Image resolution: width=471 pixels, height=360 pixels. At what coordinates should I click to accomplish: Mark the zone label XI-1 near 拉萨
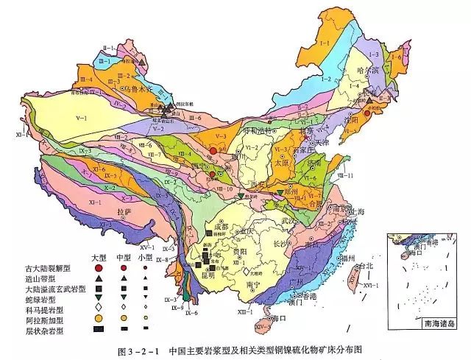coord(96,200)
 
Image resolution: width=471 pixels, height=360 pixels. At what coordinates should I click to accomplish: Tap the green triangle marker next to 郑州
coord(280,193)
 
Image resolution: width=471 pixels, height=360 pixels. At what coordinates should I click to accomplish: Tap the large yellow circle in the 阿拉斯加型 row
coord(99,317)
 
